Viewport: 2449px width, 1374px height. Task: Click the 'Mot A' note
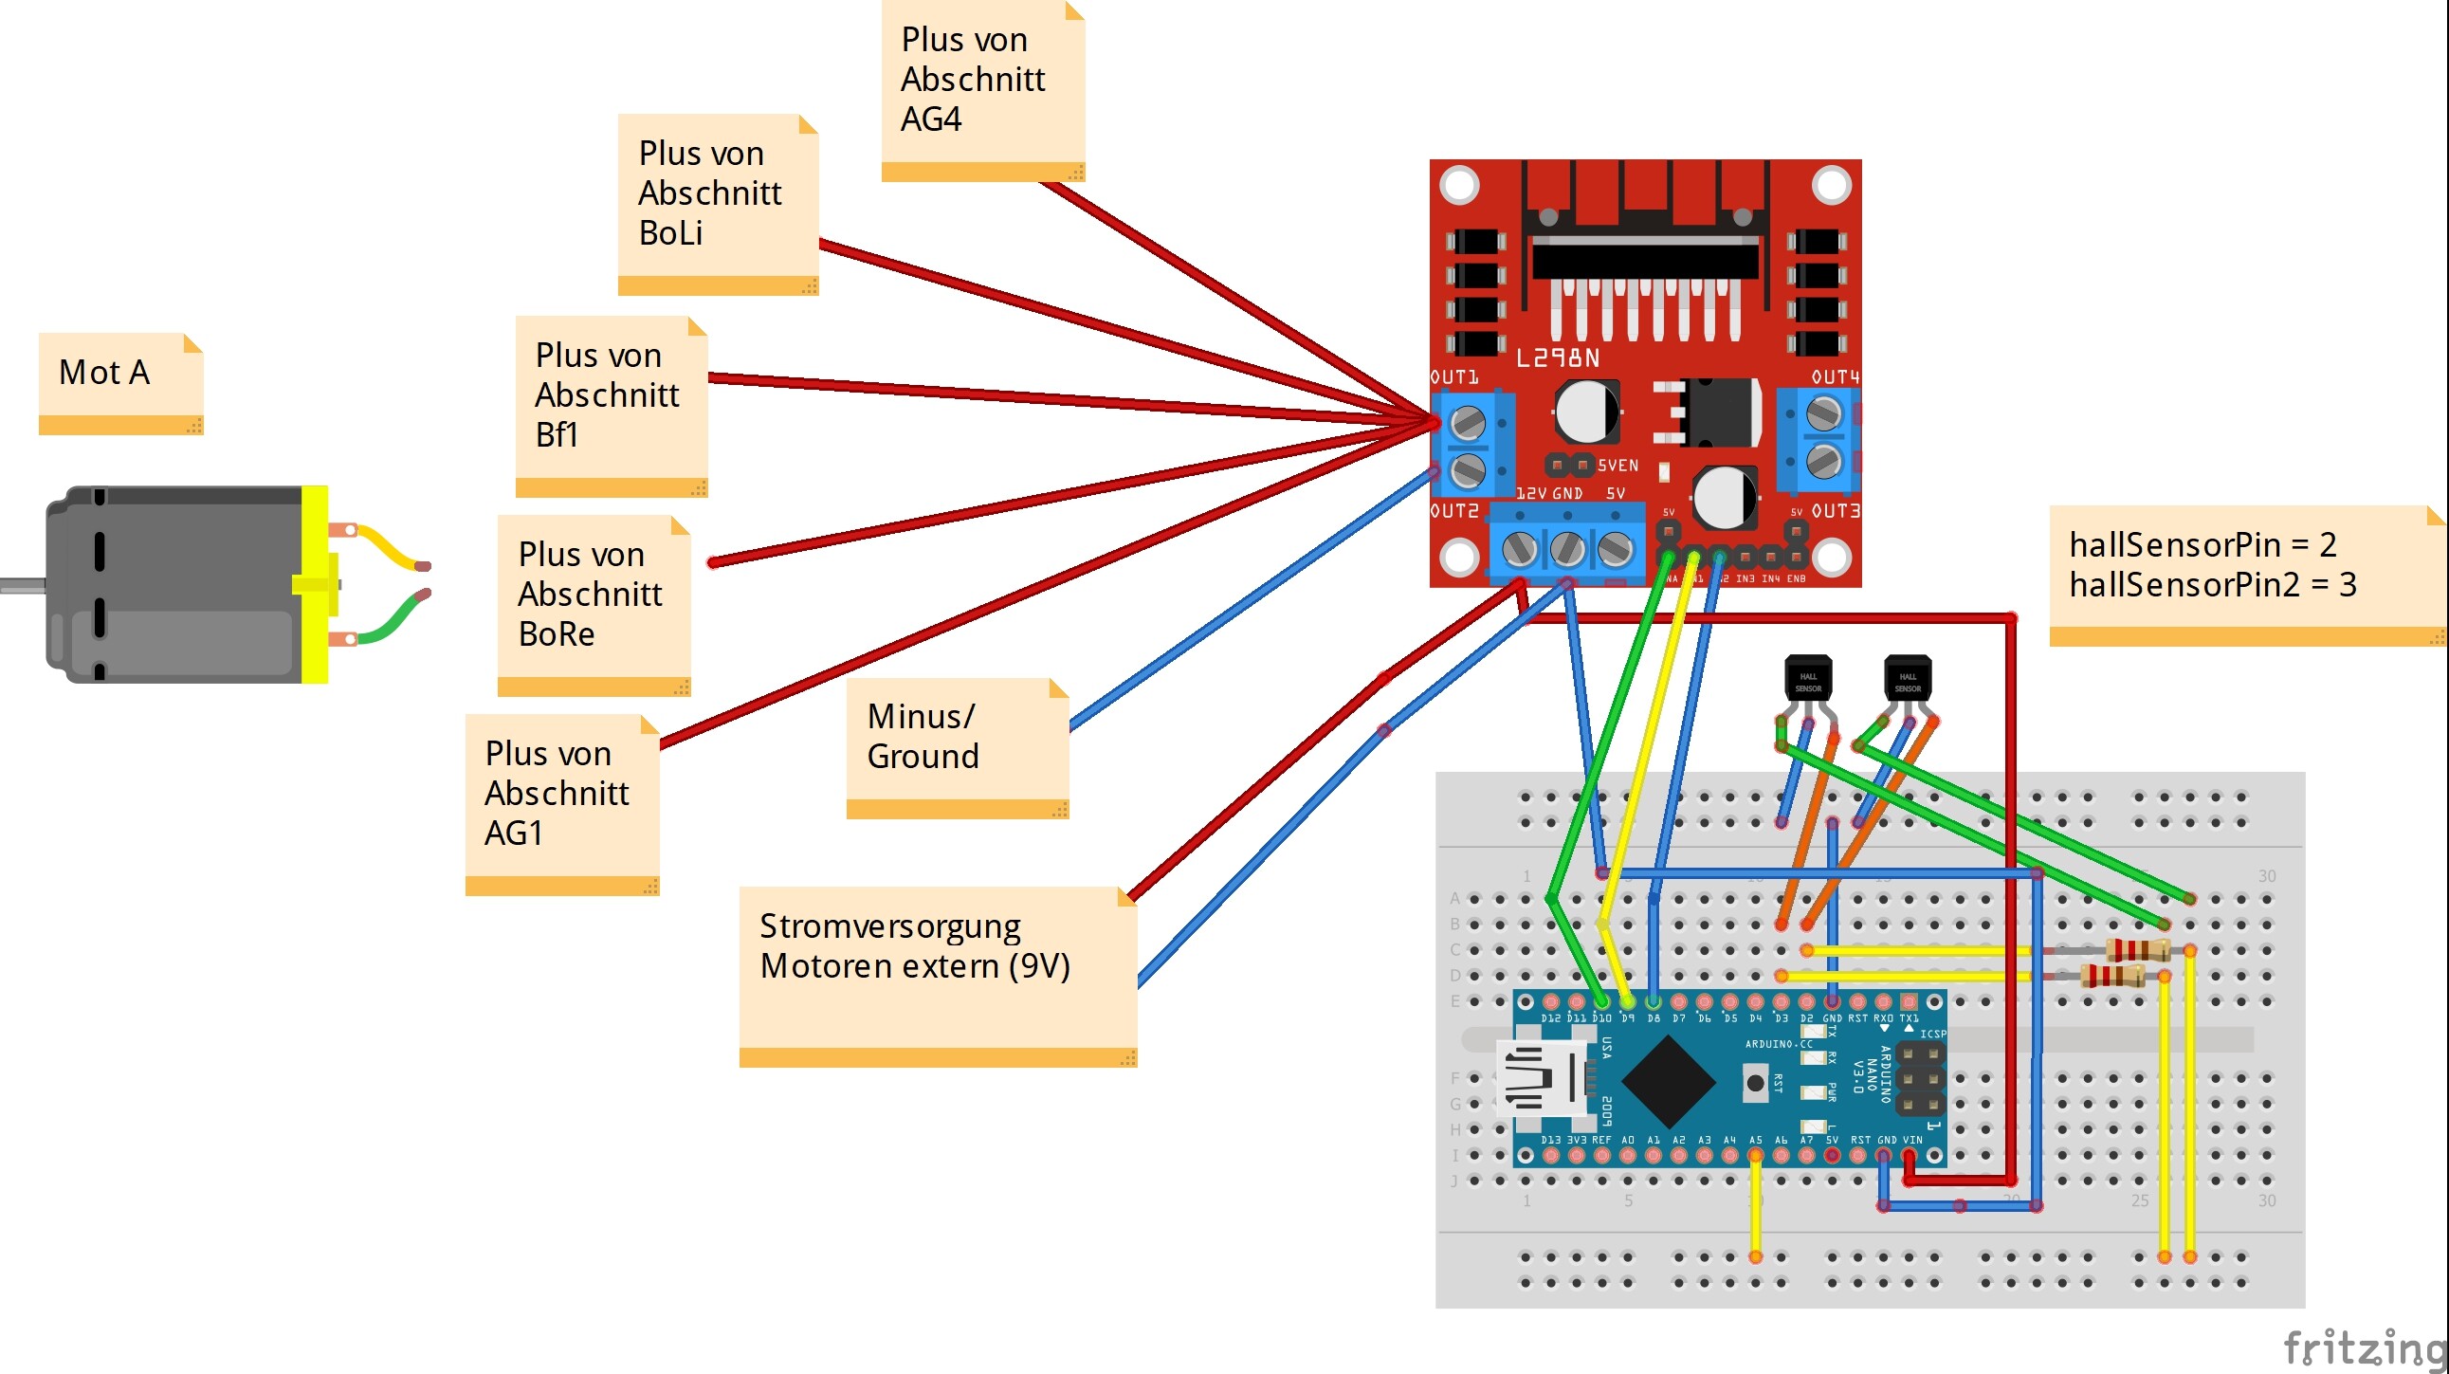coord(119,382)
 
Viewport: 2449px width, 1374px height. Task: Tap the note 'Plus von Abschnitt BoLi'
coord(717,202)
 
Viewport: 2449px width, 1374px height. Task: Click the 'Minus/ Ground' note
coord(957,745)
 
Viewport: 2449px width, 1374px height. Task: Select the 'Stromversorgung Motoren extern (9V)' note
coord(937,974)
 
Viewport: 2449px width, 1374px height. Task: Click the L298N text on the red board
coord(1556,358)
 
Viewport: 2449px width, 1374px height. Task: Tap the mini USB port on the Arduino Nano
coord(1539,1077)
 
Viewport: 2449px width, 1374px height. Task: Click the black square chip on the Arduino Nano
coord(1667,1081)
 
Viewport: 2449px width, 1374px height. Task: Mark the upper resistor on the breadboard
coord(2136,949)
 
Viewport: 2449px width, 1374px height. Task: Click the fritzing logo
coord(2364,1347)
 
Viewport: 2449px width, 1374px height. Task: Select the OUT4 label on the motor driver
coord(1834,377)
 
